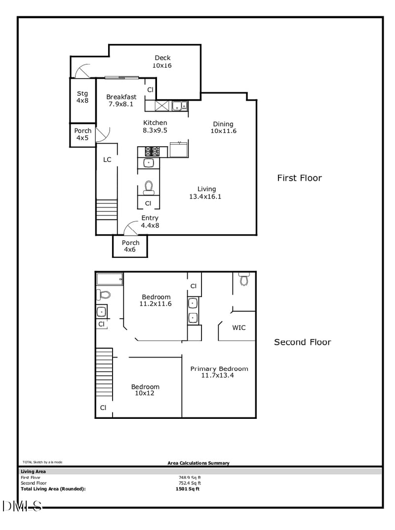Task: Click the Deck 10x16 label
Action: pos(161,62)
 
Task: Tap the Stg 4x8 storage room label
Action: pos(82,97)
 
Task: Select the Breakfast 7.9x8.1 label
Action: pos(121,100)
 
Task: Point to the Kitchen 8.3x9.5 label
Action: pos(155,126)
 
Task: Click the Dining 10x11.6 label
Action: pos(223,127)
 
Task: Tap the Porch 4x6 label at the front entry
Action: pos(130,246)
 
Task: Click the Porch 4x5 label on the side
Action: pos(82,134)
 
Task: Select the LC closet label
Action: pos(107,160)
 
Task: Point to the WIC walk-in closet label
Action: pos(238,327)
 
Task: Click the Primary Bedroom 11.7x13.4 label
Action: pos(219,372)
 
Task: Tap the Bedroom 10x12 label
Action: pos(145,390)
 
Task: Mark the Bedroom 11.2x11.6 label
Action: pos(156,300)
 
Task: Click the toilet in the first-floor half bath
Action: pos(148,187)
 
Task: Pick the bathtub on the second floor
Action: pos(110,279)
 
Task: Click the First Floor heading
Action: pos(299,178)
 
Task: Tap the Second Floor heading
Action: pos(302,342)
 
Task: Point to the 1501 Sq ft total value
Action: pos(188,489)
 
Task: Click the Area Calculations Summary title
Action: pos(198,463)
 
